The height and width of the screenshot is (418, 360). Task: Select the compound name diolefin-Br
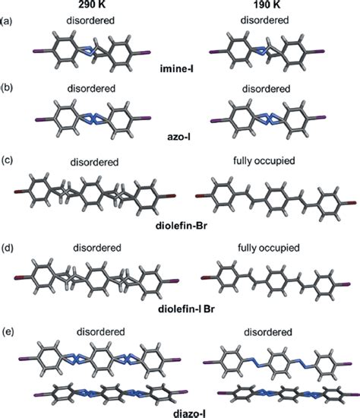180,226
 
